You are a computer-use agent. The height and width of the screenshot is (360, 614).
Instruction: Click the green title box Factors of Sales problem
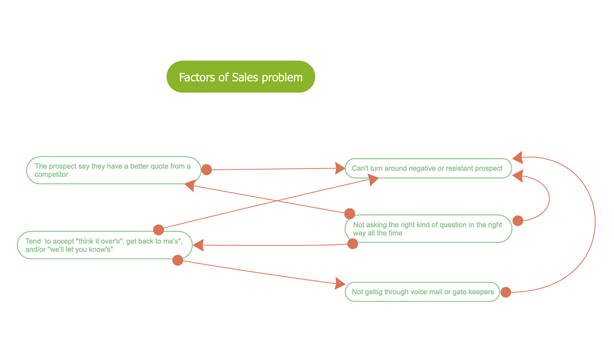(x=241, y=77)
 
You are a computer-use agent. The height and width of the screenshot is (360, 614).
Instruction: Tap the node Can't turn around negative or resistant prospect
(x=428, y=168)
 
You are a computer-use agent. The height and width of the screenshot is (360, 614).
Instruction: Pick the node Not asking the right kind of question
(x=428, y=229)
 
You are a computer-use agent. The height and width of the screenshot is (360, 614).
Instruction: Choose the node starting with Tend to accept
(x=104, y=245)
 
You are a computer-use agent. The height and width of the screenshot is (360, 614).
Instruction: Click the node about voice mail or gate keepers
(x=422, y=292)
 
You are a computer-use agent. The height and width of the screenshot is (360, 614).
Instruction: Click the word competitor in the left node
(x=51, y=174)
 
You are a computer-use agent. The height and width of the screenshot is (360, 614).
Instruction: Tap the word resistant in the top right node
(x=460, y=168)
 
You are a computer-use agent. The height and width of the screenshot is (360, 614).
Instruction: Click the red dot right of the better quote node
(x=207, y=170)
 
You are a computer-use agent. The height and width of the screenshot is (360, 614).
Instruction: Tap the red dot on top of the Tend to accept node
(x=158, y=230)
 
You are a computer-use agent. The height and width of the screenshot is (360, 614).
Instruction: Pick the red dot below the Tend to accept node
(x=178, y=260)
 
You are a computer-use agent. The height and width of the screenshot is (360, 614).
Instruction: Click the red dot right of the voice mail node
(x=506, y=292)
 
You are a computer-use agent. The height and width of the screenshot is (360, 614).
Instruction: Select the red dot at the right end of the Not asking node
(x=518, y=221)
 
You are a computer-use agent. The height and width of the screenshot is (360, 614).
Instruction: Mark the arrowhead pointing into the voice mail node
(x=340, y=283)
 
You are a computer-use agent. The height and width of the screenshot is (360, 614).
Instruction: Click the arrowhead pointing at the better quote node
(x=190, y=186)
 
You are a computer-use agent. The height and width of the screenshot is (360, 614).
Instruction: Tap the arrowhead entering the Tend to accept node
(x=198, y=245)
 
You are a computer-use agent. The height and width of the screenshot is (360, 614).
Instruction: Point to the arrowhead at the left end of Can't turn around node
(x=340, y=168)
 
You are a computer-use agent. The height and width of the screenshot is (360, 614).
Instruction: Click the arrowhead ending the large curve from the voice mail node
(x=518, y=157)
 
